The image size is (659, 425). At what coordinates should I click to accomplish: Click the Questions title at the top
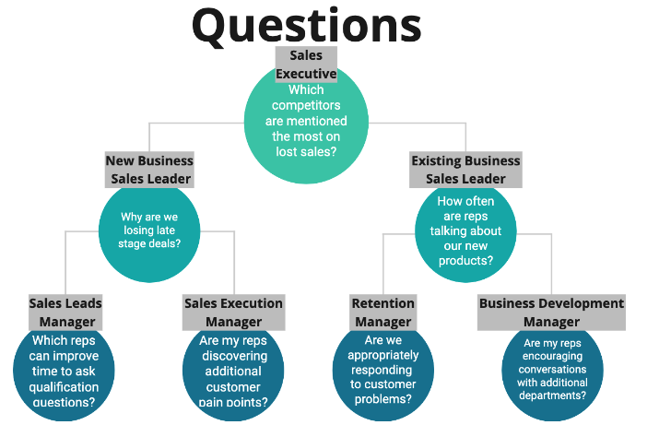[306, 25]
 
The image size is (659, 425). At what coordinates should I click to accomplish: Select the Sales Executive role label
[306, 65]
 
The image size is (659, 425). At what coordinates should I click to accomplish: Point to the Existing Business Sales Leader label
[465, 170]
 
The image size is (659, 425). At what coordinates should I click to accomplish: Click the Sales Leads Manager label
[65, 313]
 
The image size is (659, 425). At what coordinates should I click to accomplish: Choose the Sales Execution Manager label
[233, 313]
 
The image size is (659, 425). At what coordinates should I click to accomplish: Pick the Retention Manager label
[382, 313]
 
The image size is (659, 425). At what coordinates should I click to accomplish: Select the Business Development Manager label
[551, 313]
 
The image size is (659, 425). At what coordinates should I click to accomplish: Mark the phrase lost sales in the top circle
[306, 150]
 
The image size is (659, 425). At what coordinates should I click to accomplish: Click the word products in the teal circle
[465, 261]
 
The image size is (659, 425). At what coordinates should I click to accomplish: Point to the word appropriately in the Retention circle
[382, 355]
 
